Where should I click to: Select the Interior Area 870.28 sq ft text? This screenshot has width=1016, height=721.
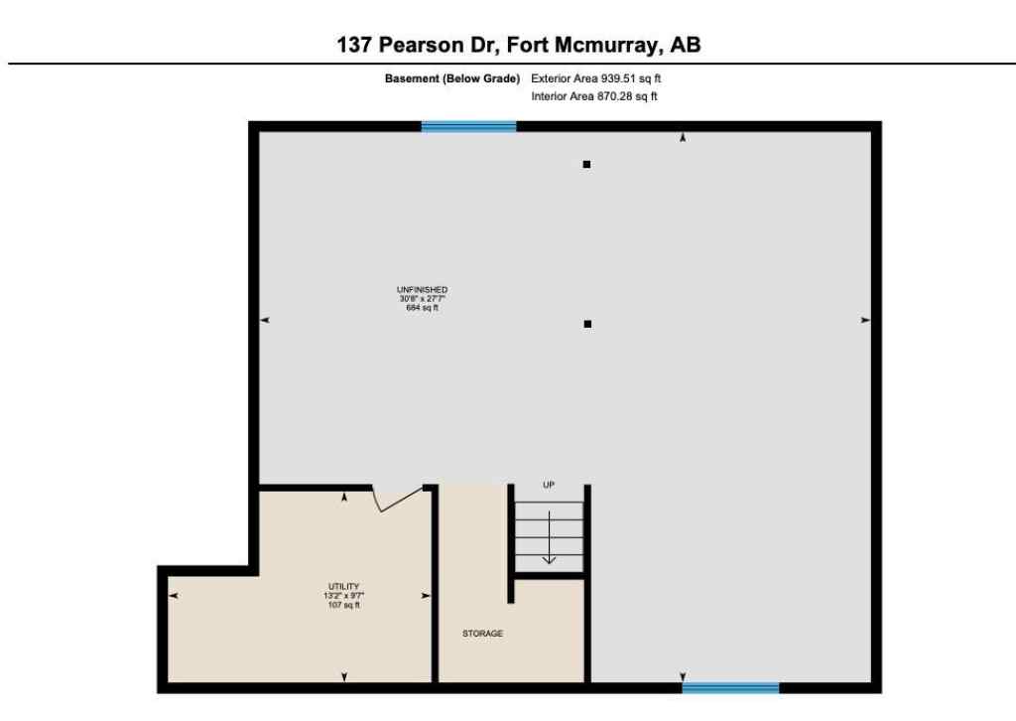594,96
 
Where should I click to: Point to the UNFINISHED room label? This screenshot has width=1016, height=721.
423,290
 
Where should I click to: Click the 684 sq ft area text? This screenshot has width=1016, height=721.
423,308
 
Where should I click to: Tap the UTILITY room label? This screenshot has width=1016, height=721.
344,586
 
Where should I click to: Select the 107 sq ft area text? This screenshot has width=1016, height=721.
344,604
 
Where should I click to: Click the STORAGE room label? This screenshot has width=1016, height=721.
482,633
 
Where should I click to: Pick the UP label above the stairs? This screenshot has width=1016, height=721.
549,485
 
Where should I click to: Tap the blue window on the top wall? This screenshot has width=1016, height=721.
468,126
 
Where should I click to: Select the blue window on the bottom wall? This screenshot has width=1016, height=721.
730,686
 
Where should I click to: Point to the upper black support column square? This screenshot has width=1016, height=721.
586,165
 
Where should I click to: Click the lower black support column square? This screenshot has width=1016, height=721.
587,324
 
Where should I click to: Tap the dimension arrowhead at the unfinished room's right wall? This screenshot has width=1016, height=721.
865,320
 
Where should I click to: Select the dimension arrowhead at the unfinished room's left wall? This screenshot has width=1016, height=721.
265,320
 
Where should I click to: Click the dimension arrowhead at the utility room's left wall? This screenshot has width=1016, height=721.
174,595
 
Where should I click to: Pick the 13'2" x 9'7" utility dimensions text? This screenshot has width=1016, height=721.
344,595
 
